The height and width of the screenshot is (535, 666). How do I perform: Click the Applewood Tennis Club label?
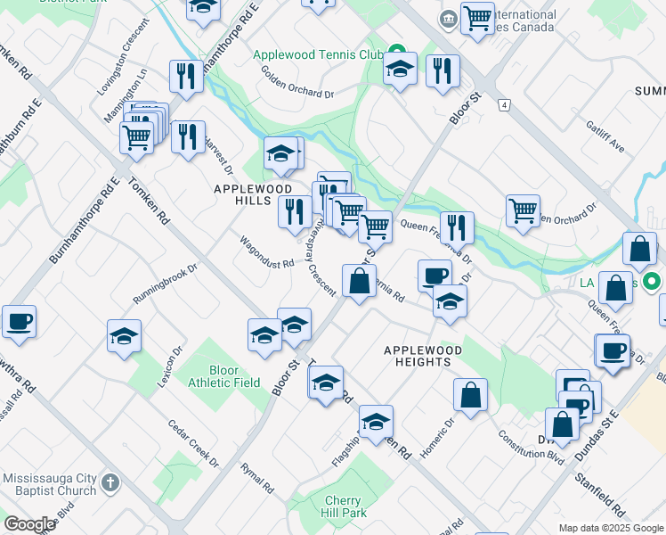[317, 54]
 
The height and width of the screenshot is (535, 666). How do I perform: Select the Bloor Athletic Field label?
[223, 376]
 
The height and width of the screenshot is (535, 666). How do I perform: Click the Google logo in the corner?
[29, 523]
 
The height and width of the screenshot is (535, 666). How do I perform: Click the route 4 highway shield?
[505, 105]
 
